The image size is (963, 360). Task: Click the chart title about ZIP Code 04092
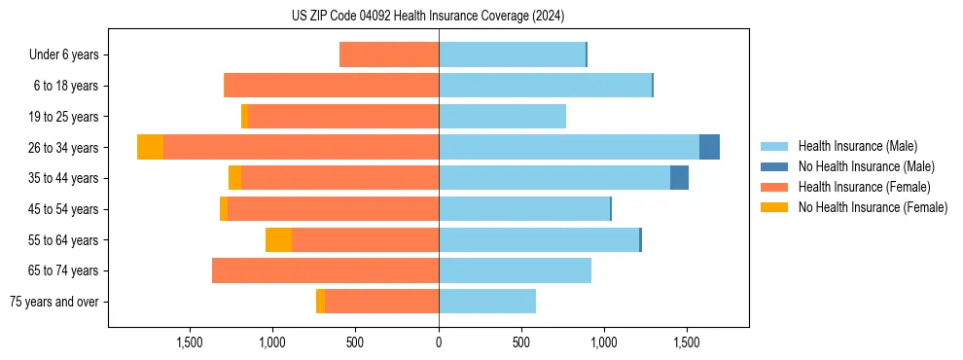[428, 17]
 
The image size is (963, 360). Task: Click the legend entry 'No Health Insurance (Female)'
[873, 207]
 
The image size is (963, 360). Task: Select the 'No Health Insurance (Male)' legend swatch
[775, 166]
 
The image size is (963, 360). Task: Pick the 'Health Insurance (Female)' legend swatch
[775, 187]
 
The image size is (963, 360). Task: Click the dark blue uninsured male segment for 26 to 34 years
[709, 147]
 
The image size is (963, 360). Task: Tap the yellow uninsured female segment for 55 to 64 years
[278, 239]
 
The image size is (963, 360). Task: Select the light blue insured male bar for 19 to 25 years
[502, 117]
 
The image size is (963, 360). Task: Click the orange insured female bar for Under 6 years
[389, 55]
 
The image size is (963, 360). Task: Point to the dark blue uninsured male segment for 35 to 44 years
[679, 178]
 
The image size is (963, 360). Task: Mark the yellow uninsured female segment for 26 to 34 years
[150, 147]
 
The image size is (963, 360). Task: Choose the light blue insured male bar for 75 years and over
[486, 302]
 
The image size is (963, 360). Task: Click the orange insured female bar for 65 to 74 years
[325, 270]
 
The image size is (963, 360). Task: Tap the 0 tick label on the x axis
[439, 342]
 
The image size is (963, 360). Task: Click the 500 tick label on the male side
[521, 342]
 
